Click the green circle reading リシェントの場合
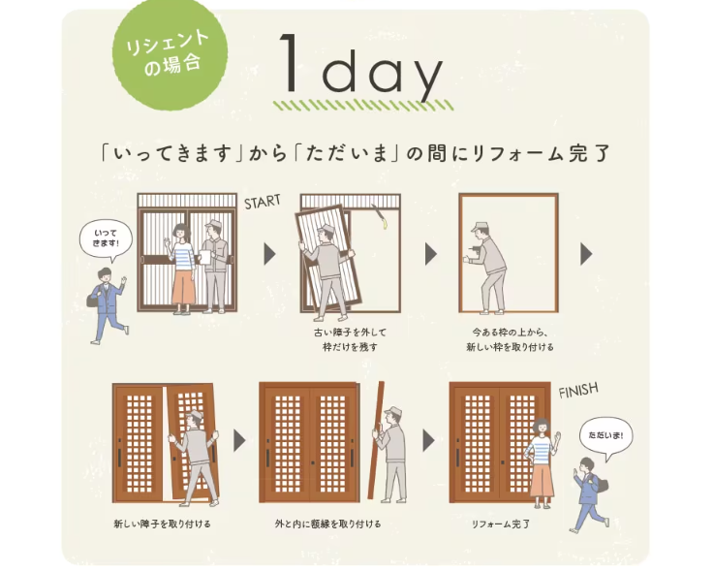pyautogui.click(x=170, y=52)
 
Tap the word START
pyautogui.click(x=262, y=202)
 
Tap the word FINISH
pyautogui.click(x=578, y=391)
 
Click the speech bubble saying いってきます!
pyautogui.click(x=107, y=239)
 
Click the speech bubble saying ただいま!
pyautogui.click(x=606, y=436)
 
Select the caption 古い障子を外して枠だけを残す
pyautogui.click(x=350, y=339)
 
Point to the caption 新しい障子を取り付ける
pyautogui.click(x=162, y=524)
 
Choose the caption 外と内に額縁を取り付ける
pyautogui.click(x=327, y=524)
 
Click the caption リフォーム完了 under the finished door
pyautogui.click(x=501, y=524)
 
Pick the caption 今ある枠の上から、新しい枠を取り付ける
pyautogui.click(x=510, y=339)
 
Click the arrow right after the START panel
pyautogui.click(x=269, y=254)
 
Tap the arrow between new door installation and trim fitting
pyautogui.click(x=239, y=440)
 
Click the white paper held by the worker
pyautogui.click(x=205, y=257)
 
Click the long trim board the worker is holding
pyautogui.click(x=376, y=440)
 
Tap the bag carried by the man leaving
pyautogui.click(x=92, y=300)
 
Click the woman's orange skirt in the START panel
pyautogui.click(x=184, y=288)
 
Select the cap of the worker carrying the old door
pyautogui.click(x=324, y=228)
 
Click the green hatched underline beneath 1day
pyautogui.click(x=363, y=106)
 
